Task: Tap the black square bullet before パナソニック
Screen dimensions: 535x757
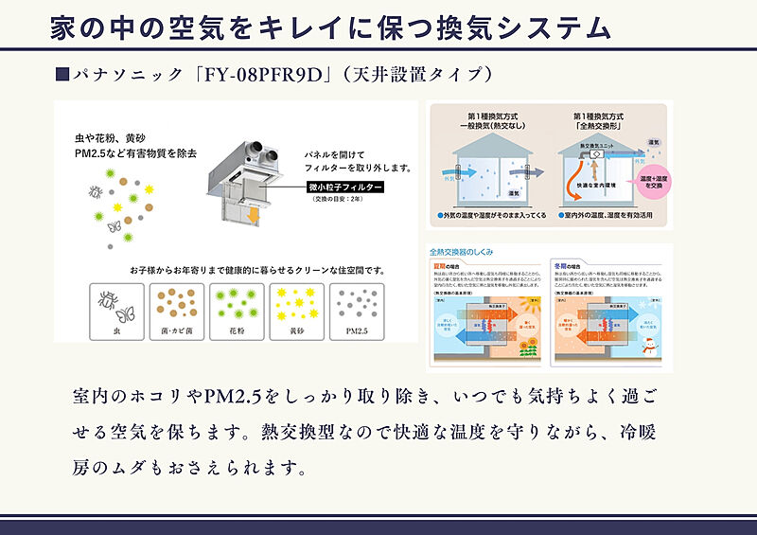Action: click(x=62, y=74)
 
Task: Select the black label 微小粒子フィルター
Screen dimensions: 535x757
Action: click(x=345, y=189)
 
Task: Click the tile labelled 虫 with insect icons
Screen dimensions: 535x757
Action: click(x=114, y=312)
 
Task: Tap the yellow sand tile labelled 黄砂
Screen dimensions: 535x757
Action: click(x=296, y=312)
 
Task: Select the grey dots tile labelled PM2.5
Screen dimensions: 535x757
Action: click(x=357, y=312)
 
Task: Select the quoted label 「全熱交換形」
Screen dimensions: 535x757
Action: click(x=603, y=123)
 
